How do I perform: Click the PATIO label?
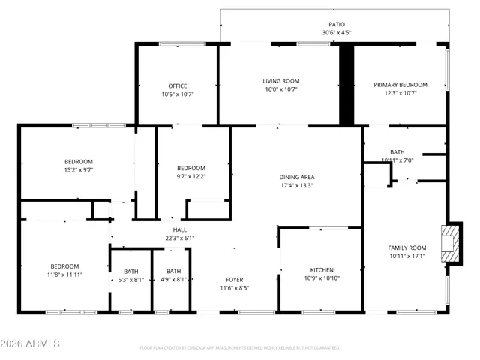coord(337,24)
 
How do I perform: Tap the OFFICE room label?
coord(177,85)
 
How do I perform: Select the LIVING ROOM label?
coord(281,80)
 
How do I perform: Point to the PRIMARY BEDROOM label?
coord(400,85)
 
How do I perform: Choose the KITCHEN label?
coord(322,270)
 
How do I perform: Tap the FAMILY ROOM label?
coord(406,247)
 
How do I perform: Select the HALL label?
coord(180,229)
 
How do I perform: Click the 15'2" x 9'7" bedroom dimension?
coord(78,169)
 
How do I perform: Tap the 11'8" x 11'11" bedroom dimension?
coord(65,275)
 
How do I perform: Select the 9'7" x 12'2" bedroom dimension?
coord(191,176)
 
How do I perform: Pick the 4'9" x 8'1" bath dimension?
coord(173,280)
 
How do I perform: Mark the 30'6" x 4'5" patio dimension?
coord(337,32)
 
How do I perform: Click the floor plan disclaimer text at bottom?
coord(239,348)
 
